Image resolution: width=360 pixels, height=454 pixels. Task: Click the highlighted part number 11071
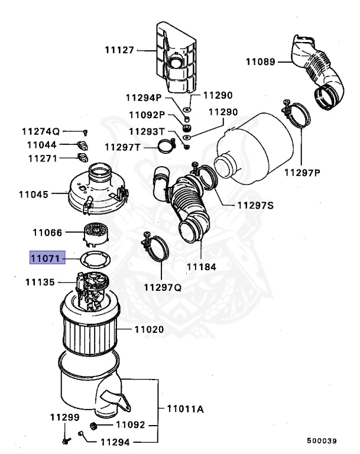coord(45,258)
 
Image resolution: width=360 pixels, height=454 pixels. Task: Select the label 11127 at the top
coord(119,51)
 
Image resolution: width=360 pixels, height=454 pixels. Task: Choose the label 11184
coord(201,267)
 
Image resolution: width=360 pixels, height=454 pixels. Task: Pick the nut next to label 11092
coord(93,425)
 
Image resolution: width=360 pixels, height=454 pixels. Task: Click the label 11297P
coord(301,172)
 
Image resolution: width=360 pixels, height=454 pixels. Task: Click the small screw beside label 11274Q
coord(86,132)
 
